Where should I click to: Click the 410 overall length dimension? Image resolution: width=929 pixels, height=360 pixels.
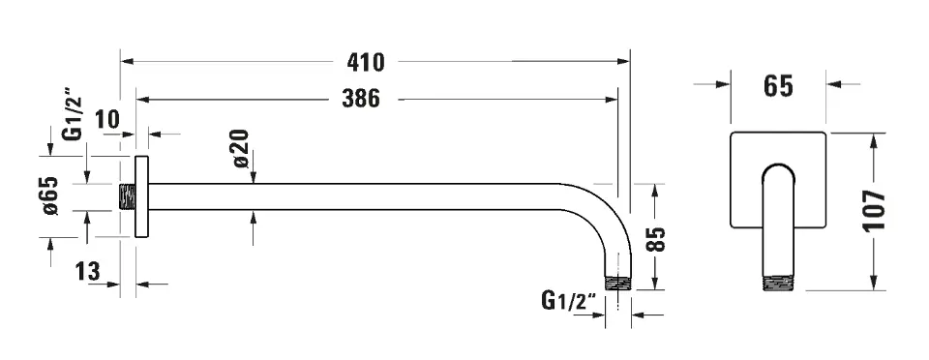click(366, 62)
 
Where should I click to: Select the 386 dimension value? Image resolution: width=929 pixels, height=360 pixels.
click(361, 99)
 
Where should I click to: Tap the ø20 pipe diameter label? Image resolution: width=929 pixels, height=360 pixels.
click(241, 148)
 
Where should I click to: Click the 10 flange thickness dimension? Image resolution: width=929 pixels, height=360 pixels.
click(107, 120)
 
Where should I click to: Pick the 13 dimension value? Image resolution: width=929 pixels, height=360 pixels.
click(88, 272)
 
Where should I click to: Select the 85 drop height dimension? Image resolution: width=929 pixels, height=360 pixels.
click(656, 240)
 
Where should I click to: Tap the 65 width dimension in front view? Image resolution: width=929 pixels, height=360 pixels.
click(778, 86)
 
